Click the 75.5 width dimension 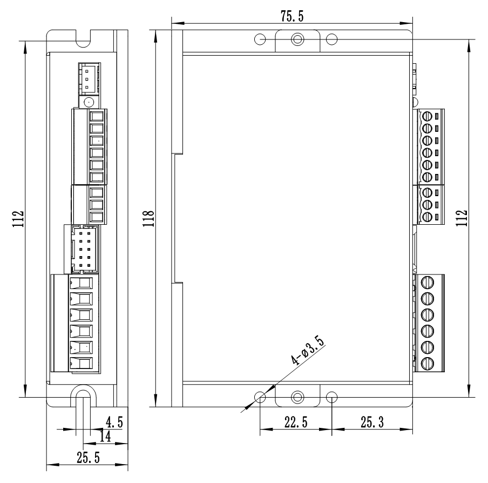[x=292, y=16]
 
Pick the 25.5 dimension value [x=87, y=458]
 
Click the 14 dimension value [x=105, y=437]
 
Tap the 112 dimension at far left [x=19, y=218]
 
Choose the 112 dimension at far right [x=462, y=218]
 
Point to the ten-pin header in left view [x=84, y=249]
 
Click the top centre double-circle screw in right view [x=296, y=39]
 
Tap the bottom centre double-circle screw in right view [x=296, y=397]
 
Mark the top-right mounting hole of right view [x=333, y=39]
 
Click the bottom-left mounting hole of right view [x=260, y=398]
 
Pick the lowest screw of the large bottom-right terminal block [x=428, y=363]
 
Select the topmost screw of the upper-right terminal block [x=428, y=116]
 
